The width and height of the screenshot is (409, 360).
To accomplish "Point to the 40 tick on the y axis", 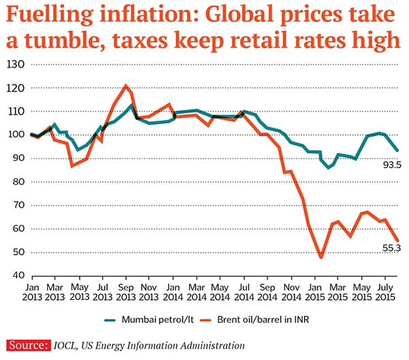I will (16, 275).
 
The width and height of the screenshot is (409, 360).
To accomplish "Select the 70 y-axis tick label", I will (16, 205).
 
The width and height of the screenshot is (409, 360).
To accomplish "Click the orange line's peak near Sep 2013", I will (125, 86).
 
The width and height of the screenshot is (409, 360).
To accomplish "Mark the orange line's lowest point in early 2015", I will (320, 257).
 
